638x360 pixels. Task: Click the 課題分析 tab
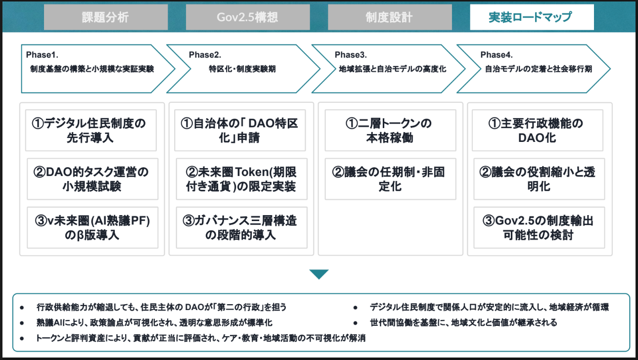click(x=105, y=17)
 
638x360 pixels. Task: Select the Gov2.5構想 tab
click(x=247, y=17)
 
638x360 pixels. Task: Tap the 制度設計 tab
click(x=389, y=17)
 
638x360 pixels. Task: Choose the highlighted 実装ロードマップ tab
click(x=532, y=17)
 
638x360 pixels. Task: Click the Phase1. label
click(x=43, y=54)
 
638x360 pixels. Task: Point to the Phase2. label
click(x=205, y=54)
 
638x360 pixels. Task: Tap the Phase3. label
click(x=351, y=54)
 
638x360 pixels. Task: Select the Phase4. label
click(x=497, y=54)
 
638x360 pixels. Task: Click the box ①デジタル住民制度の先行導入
click(x=91, y=130)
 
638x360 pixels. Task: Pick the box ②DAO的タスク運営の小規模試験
click(x=92, y=179)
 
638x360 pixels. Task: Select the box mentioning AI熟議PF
click(x=92, y=227)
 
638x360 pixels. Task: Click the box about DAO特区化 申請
click(x=240, y=130)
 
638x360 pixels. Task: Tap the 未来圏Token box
click(x=241, y=179)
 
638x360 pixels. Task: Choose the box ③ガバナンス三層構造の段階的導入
click(x=241, y=227)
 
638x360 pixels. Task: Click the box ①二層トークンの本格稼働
click(x=390, y=130)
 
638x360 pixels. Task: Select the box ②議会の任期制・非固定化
click(x=390, y=179)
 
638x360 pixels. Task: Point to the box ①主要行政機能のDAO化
click(x=538, y=130)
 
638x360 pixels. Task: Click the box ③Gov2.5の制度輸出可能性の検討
click(x=539, y=227)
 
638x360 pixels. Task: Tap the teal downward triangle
click(x=319, y=274)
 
